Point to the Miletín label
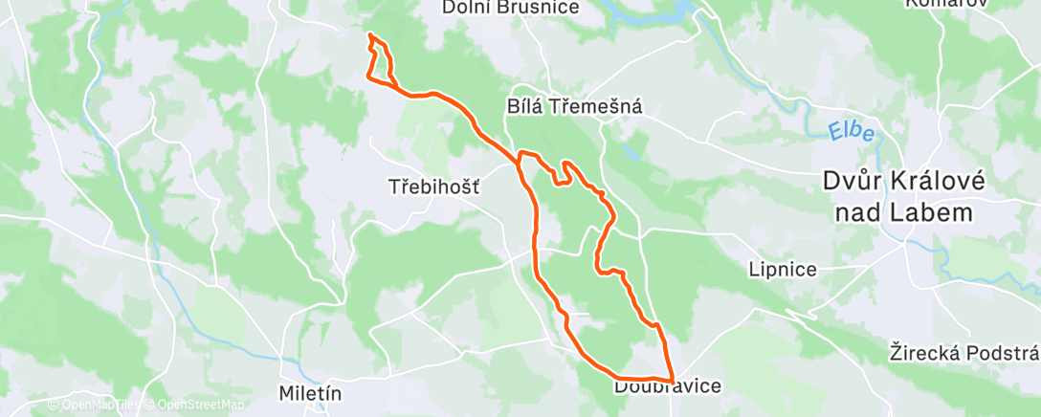[309, 393]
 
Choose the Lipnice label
[784, 270]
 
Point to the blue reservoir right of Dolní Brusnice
[660, 13]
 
